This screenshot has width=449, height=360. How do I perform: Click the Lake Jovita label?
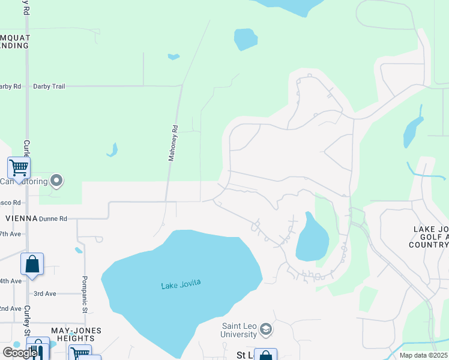pyautogui.click(x=180, y=285)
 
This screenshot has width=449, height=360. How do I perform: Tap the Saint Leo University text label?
pyautogui.click(x=238, y=330)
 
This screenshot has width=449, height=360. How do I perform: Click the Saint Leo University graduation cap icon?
pyautogui.click(x=266, y=329)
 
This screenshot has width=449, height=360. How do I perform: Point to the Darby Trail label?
pyautogui.click(x=49, y=86)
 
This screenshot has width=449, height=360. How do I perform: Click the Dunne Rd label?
pyautogui.click(x=53, y=219)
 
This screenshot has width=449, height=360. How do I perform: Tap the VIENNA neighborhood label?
pyautogui.click(x=21, y=218)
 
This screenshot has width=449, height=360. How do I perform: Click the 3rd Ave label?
pyautogui.click(x=44, y=293)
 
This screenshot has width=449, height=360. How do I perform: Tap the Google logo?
pyautogui.click(x=20, y=353)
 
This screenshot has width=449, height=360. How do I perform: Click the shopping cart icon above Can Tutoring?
pyautogui.click(x=19, y=167)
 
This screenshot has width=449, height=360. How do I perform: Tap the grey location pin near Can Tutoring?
pyautogui.click(x=57, y=180)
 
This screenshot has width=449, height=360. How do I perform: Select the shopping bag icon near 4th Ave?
pyautogui.click(x=32, y=264)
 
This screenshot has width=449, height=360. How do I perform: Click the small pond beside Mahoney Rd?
pyautogui.click(x=112, y=150)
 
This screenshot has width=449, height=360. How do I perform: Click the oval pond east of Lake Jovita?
pyautogui.click(x=312, y=238)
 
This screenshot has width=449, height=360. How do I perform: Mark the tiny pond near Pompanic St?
pyautogui.click(x=79, y=250)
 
